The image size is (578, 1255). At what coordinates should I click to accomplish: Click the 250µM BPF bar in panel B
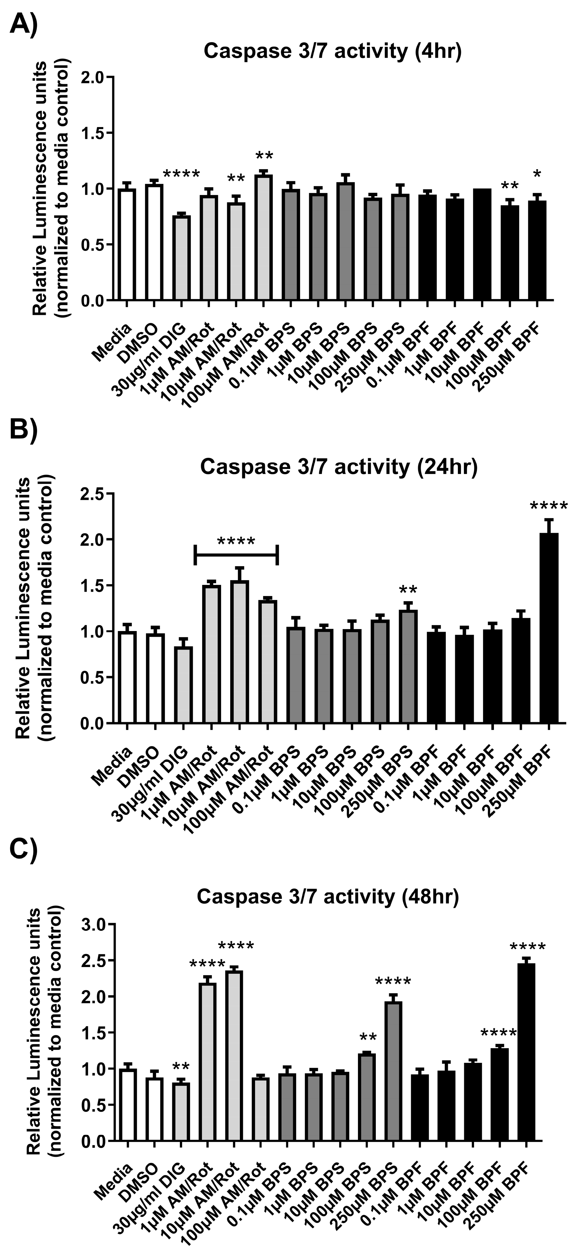pyautogui.click(x=549, y=628)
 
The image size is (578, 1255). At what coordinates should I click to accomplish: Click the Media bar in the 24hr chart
pyautogui.click(x=127, y=677)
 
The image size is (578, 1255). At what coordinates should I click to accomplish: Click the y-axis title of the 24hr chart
pyautogui.click(x=35, y=608)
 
